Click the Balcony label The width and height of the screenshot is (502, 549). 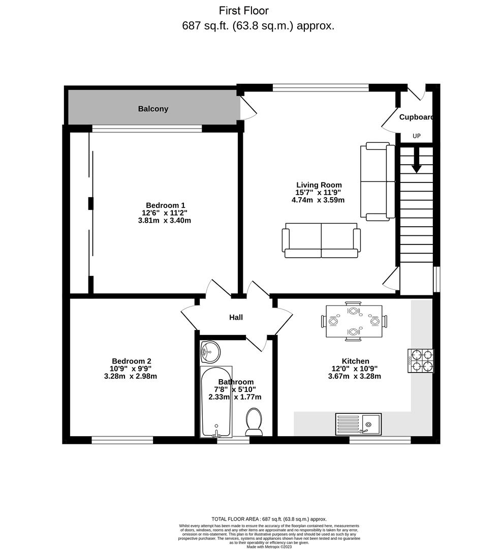click(x=153, y=109)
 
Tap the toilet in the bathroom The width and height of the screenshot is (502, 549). click(x=254, y=422)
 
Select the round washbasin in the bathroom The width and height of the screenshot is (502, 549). click(x=210, y=352)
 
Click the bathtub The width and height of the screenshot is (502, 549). click(x=216, y=402)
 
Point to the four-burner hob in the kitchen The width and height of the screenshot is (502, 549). click(x=421, y=360)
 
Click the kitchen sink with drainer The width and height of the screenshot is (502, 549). click(x=358, y=424)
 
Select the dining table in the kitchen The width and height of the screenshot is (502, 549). click(x=354, y=321)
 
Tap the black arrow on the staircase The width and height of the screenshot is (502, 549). click(x=416, y=160)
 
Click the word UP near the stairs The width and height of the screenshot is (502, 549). click(x=416, y=136)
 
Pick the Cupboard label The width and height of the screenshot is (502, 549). click(x=416, y=117)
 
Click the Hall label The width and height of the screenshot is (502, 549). click(x=236, y=318)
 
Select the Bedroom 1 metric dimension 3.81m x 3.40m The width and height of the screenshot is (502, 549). click(x=165, y=221)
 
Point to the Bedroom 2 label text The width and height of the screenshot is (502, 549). click(x=131, y=361)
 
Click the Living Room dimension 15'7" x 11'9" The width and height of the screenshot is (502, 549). click(x=318, y=193)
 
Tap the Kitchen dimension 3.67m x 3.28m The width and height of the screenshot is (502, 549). click(x=354, y=376)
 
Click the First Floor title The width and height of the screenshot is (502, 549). click(x=244, y=11)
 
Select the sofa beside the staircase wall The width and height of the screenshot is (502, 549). click(x=378, y=181)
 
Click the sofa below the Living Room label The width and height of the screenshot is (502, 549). click(x=321, y=240)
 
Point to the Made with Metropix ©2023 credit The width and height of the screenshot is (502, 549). click(x=269, y=546)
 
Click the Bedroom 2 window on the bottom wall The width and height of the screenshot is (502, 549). click(x=122, y=440)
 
